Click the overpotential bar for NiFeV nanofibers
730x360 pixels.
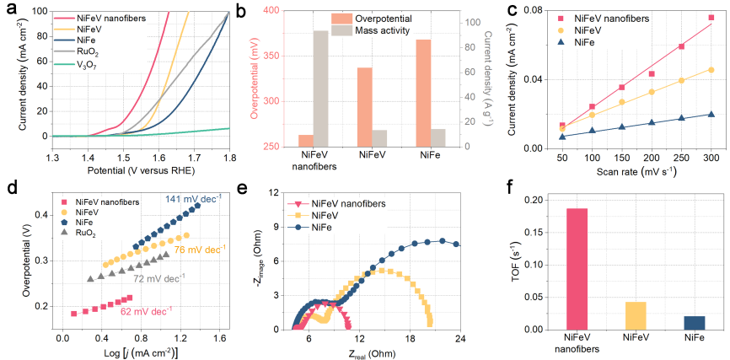[305, 141]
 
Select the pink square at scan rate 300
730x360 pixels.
[711, 18]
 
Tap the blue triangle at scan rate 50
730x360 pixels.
[562, 136]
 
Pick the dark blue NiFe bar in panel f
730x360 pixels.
[693, 322]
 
